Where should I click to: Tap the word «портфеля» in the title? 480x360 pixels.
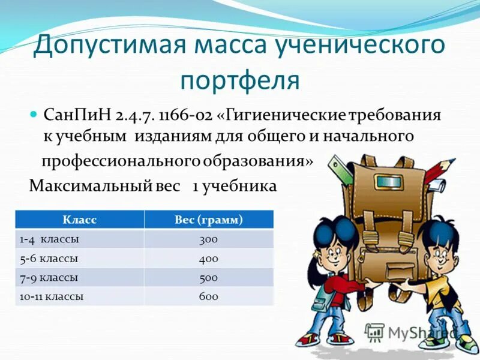(239, 80)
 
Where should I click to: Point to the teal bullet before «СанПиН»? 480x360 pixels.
(34, 114)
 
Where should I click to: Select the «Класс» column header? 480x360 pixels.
(79, 220)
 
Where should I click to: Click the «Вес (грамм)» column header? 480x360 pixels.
(208, 220)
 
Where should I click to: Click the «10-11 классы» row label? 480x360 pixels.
(52, 296)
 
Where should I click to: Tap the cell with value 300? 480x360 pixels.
(208, 239)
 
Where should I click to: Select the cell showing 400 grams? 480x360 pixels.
(208, 259)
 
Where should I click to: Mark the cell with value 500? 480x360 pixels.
(208, 278)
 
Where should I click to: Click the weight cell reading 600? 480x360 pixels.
(208, 296)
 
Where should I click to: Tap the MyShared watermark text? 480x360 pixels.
(420, 332)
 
